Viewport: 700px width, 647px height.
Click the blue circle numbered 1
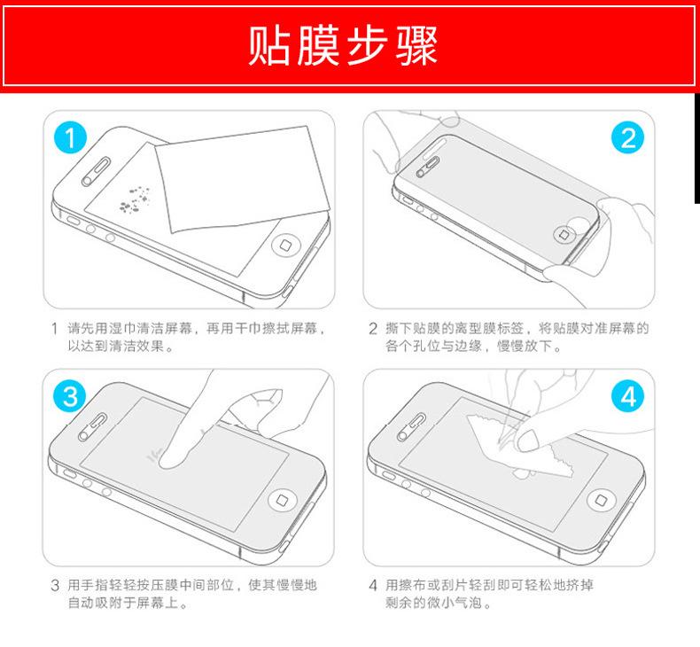click(70, 137)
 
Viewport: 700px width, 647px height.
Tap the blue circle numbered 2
click(627, 137)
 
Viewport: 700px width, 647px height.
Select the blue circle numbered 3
click(70, 396)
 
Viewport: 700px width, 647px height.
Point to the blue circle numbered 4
click(627, 396)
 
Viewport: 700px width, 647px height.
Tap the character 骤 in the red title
click(416, 45)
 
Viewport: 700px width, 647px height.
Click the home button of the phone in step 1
click(285, 245)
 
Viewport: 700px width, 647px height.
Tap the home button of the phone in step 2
click(564, 234)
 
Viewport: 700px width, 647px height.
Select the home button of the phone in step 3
click(282, 500)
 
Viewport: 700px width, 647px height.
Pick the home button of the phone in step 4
click(601, 500)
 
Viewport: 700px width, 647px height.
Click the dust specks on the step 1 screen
click(134, 199)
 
